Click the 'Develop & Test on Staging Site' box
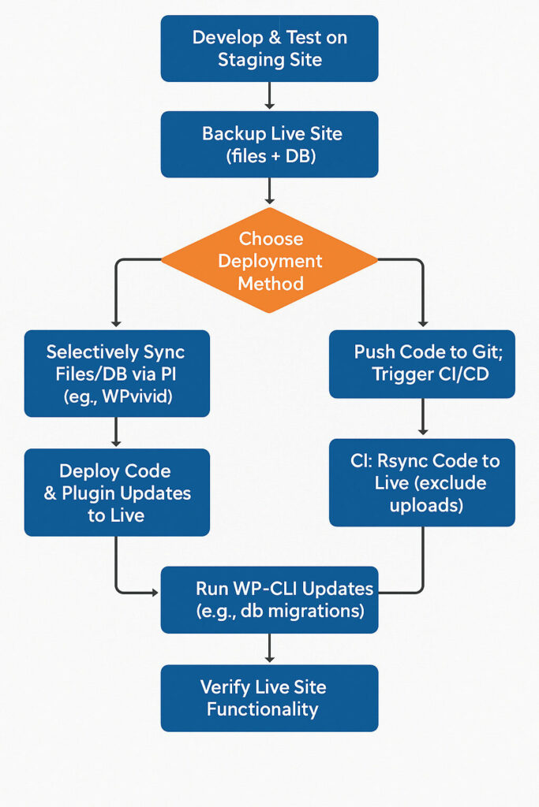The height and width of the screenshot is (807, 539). [x=269, y=48]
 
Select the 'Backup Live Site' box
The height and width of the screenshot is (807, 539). [x=269, y=144]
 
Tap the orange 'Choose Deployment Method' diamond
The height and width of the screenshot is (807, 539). [x=269, y=260]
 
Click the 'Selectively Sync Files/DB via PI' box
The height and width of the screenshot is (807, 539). [x=117, y=373]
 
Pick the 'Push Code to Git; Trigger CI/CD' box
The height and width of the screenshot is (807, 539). [x=421, y=363]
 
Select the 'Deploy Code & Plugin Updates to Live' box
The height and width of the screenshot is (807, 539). [x=117, y=492]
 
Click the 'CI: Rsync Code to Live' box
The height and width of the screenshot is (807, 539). [x=421, y=482]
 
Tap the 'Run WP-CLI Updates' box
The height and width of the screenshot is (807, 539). [x=269, y=599]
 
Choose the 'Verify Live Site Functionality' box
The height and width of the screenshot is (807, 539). [x=269, y=697]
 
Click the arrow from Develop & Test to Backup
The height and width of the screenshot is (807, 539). [x=269, y=96]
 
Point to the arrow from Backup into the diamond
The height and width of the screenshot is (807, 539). [x=269, y=192]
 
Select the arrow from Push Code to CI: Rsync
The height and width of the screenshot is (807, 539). [x=423, y=418]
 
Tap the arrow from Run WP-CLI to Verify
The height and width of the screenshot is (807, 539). [x=269, y=648]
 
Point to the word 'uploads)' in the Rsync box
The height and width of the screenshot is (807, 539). [x=426, y=504]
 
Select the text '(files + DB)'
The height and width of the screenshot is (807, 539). [x=271, y=156]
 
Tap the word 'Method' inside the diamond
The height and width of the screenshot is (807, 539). [x=271, y=283]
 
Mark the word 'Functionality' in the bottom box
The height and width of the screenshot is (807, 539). [x=262, y=709]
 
